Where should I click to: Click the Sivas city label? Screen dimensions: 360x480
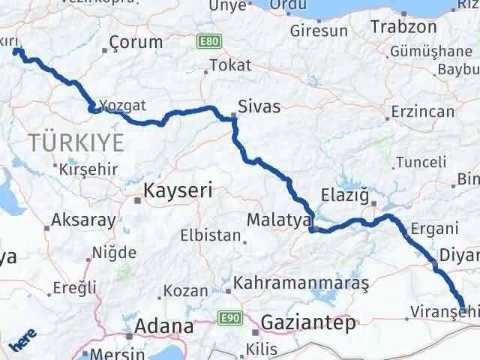[x=259, y=106]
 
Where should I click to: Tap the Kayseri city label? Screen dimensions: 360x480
[x=178, y=190]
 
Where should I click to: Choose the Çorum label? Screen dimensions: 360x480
[x=136, y=42]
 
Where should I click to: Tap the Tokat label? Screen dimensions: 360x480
[x=230, y=65]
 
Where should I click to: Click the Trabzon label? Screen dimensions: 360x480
[x=403, y=26]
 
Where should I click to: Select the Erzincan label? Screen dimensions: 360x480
[x=424, y=112]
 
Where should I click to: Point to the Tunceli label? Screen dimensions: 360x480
[x=421, y=162]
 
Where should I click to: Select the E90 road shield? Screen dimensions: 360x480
[x=228, y=319]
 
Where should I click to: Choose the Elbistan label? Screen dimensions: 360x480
[x=209, y=235]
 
